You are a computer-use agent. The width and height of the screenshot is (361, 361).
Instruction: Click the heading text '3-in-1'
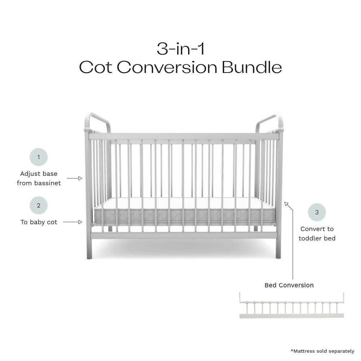pyautogui.click(x=180, y=49)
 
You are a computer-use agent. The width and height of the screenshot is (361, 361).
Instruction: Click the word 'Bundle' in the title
pyautogui.click(x=252, y=67)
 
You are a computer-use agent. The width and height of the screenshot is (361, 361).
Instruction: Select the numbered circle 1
pyautogui.click(x=39, y=157)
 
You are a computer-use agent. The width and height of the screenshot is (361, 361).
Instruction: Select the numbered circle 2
pyautogui.click(x=39, y=206)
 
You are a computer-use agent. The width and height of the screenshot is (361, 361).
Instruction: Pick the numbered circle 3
pyautogui.click(x=317, y=212)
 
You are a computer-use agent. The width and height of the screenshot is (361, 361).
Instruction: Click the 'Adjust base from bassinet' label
pyautogui.click(x=39, y=178)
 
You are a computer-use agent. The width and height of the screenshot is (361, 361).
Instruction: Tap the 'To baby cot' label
pyautogui.click(x=39, y=222)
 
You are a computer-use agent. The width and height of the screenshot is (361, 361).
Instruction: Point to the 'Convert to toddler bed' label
pyautogui.click(x=317, y=234)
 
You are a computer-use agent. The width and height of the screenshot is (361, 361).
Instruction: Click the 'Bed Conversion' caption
pyautogui.click(x=289, y=285)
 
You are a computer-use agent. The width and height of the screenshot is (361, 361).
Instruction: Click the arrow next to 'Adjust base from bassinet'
pyautogui.click(x=75, y=178)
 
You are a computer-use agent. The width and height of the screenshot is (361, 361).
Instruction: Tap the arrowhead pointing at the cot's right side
pyautogui.click(x=287, y=204)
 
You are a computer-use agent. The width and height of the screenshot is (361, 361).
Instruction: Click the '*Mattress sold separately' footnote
pyautogui.click(x=322, y=351)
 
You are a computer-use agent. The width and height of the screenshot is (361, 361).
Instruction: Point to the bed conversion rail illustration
pyautogui.click(x=291, y=307)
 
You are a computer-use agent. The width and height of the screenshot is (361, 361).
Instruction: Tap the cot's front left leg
pyautogui.click(x=89, y=249)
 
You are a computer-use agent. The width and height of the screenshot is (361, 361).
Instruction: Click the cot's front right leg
pyautogui.click(x=278, y=249)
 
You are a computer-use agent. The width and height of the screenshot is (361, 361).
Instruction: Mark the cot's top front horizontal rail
pyautogui.click(x=184, y=136)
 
